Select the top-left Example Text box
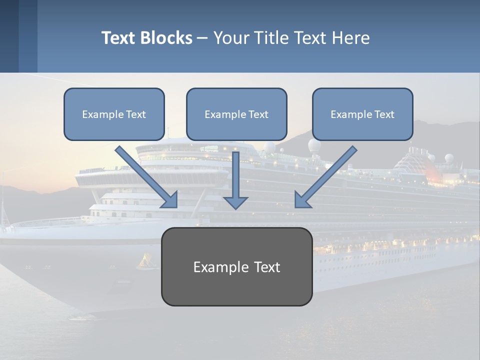point(114,114)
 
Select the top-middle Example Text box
point(236,114)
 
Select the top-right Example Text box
point(362,114)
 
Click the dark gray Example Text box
point(236,266)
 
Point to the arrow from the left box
point(145,175)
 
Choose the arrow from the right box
point(327,175)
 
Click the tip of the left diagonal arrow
point(176,207)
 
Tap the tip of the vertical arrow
point(235,208)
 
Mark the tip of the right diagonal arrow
point(295,207)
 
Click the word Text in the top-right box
point(384,114)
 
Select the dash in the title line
point(202,38)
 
